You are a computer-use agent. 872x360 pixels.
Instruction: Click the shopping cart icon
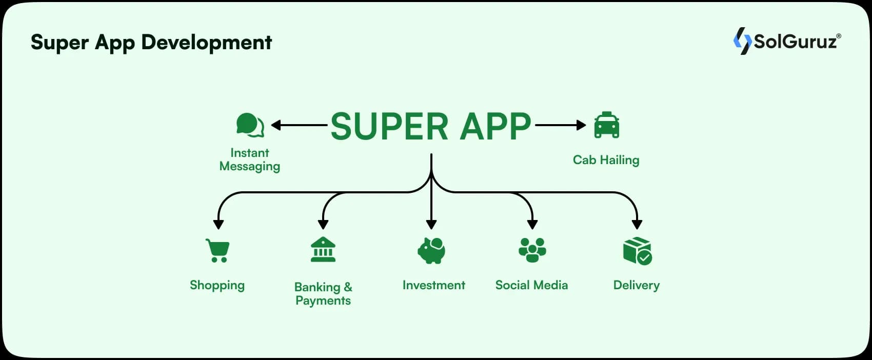[x=217, y=251]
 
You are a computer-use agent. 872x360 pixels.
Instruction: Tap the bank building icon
[x=323, y=250]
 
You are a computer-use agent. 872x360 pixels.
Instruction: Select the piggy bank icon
[x=431, y=251]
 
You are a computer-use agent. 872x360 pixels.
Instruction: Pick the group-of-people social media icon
[x=532, y=250]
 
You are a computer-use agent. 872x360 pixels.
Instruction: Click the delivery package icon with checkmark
[x=637, y=251]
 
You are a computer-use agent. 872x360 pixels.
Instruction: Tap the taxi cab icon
[x=606, y=125]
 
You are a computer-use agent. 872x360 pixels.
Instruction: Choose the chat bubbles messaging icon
[x=250, y=125]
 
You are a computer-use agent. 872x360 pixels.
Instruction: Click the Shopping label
[x=217, y=285]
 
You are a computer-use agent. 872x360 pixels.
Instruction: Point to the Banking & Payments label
[x=323, y=293]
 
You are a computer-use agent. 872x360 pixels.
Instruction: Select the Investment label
[x=433, y=285]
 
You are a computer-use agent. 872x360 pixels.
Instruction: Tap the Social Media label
[x=531, y=285]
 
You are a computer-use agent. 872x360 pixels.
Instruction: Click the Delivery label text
[x=636, y=285]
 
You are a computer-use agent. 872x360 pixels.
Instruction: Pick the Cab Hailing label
[x=606, y=160]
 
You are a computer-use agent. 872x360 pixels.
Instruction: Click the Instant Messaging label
[x=250, y=159]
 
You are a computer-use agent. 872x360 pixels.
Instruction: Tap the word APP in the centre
[x=495, y=126]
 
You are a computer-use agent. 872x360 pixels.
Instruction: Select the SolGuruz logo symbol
[x=742, y=41]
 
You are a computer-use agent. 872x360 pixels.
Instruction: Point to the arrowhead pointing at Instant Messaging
[x=275, y=125]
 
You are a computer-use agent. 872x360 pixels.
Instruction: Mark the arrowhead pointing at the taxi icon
[x=581, y=125]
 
